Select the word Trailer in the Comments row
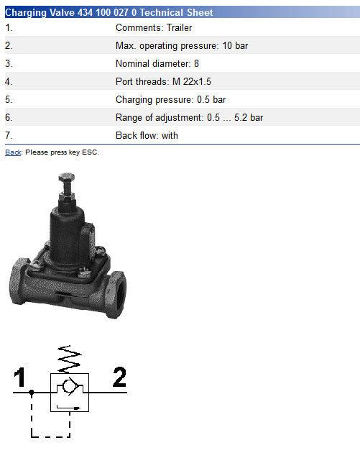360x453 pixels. click(x=179, y=28)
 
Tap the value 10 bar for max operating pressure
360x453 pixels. click(x=235, y=45)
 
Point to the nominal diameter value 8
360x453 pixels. click(x=196, y=63)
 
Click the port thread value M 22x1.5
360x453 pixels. click(x=192, y=81)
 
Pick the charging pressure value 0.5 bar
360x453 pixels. click(x=211, y=100)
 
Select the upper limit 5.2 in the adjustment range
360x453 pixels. click(x=241, y=118)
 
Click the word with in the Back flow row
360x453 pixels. click(x=170, y=135)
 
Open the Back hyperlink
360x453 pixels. click(x=13, y=152)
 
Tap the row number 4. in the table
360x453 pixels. click(x=9, y=81)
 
